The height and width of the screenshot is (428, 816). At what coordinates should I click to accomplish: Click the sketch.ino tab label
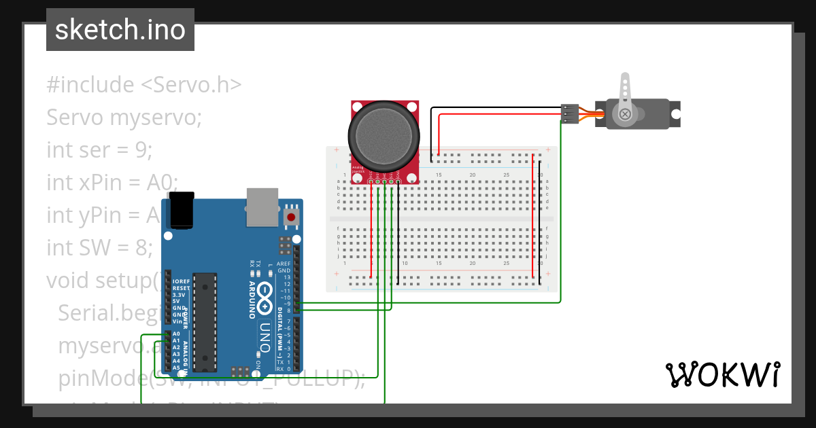[120, 30]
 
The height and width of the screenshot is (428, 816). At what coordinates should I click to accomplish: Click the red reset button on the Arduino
[291, 217]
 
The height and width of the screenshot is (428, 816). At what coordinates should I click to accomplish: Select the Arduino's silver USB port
[262, 207]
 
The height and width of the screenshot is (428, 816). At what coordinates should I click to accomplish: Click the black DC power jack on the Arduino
[182, 209]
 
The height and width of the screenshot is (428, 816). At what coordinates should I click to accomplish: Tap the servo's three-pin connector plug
[569, 113]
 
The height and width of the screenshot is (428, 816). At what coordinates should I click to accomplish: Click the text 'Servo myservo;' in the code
[124, 118]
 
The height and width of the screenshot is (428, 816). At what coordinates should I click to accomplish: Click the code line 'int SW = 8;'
[99, 248]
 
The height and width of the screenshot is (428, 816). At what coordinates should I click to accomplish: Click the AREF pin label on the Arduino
[284, 264]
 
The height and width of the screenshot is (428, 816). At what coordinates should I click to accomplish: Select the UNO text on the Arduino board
[265, 336]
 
